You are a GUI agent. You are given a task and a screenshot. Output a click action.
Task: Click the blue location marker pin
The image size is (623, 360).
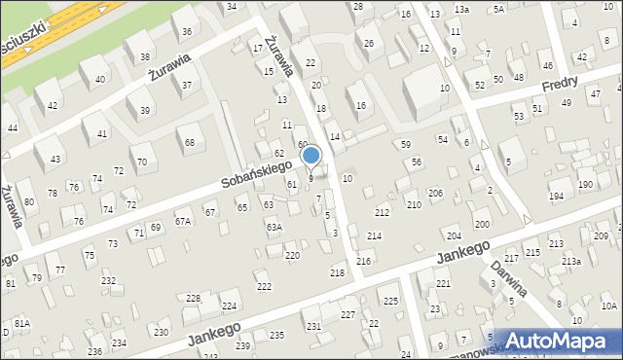click(311, 155)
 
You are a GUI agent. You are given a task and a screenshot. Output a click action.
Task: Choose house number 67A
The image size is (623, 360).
click(182, 221)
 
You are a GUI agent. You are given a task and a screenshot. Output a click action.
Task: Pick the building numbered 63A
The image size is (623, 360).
click(275, 227)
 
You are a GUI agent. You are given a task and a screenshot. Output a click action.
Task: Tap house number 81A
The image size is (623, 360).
click(21, 323)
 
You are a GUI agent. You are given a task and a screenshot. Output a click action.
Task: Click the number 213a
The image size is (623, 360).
click(570, 262)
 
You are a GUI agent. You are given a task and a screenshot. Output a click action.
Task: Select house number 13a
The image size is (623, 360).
click(461, 10)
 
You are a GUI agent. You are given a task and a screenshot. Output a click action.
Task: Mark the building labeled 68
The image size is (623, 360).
click(190, 142)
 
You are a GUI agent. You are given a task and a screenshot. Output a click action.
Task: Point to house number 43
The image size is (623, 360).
click(55, 159)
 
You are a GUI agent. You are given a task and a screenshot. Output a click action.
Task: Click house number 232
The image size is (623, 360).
click(109, 281)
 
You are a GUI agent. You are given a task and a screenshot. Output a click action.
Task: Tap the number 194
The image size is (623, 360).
click(556, 197)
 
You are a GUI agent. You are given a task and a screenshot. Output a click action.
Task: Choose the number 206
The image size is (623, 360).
click(435, 194)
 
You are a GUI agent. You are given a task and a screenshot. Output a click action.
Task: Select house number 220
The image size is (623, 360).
click(291, 255)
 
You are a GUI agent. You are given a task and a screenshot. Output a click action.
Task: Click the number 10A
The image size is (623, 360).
click(608, 306)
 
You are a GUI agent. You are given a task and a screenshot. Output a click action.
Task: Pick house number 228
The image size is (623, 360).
click(194, 298)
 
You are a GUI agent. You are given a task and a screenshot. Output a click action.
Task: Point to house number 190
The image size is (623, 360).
click(585, 184)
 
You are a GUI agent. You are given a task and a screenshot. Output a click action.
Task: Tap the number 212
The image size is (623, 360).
click(382, 212)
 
